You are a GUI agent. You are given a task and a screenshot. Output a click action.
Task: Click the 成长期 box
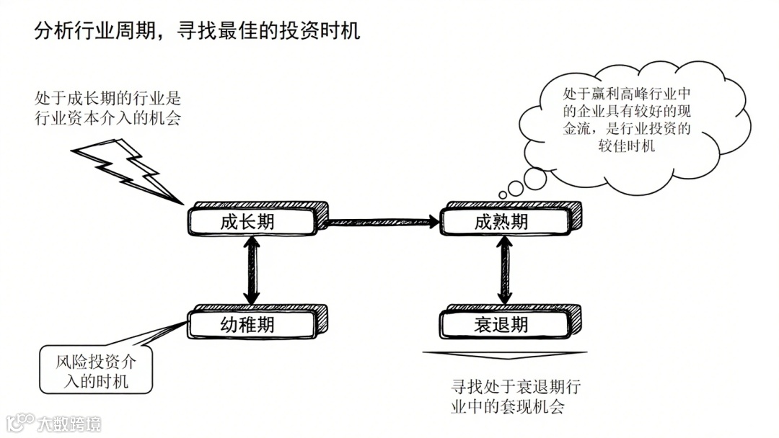pos(252,221)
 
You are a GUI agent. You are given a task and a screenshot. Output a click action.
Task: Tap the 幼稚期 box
pos(252,324)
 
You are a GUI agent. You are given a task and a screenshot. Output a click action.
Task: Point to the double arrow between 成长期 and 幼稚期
pos(252,272)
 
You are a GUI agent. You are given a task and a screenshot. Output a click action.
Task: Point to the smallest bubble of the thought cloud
pos(503,195)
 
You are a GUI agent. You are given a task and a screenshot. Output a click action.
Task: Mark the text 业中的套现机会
pos(506,406)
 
